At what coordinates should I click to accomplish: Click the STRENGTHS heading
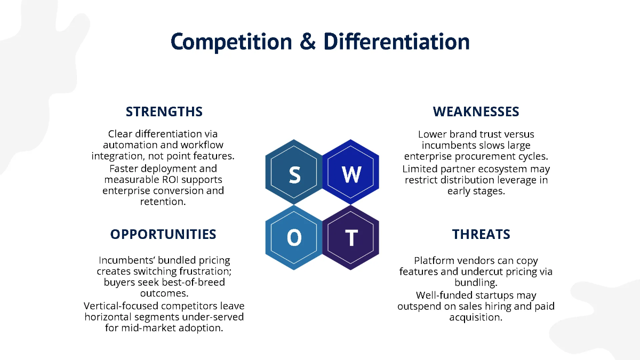(x=164, y=111)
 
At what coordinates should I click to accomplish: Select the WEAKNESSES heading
(x=476, y=111)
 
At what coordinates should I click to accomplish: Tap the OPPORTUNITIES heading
(x=163, y=234)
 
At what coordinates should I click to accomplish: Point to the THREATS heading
(x=481, y=234)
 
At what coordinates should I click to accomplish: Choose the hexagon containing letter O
(x=294, y=238)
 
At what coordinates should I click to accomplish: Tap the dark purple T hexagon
(x=351, y=238)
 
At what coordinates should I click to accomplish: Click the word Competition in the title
(x=232, y=42)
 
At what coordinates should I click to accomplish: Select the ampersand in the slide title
(x=308, y=42)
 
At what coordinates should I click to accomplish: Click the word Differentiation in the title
(x=397, y=42)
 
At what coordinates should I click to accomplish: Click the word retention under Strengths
(x=163, y=202)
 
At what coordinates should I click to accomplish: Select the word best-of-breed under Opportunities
(x=193, y=282)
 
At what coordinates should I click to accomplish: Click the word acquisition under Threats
(x=476, y=317)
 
